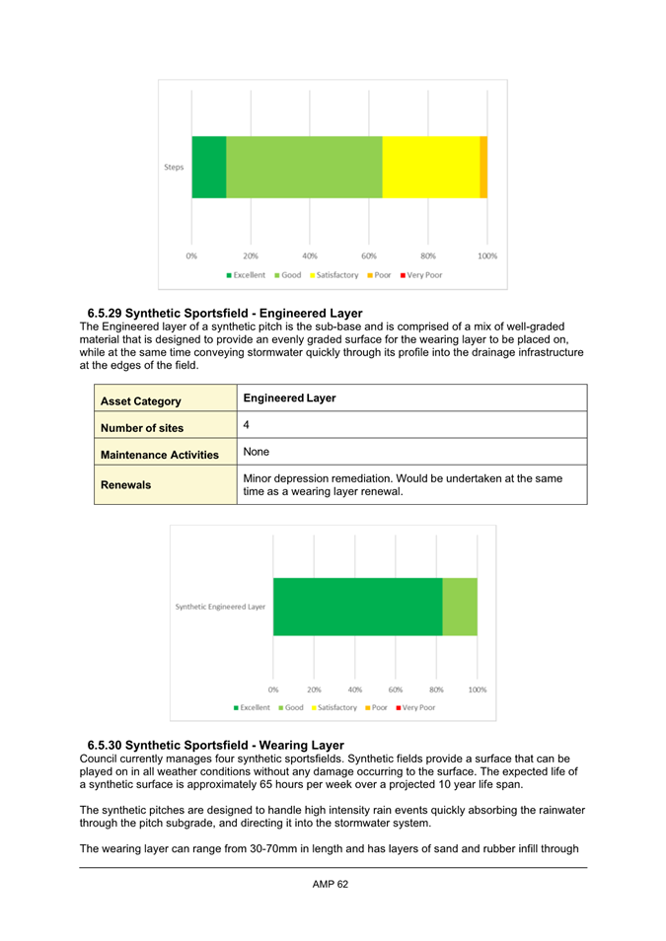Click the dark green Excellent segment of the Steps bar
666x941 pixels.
(x=208, y=167)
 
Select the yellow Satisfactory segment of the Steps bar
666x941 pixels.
(x=430, y=167)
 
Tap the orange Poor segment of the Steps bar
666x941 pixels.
(x=483, y=167)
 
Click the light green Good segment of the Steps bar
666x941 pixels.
(x=304, y=167)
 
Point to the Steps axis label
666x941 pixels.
(x=174, y=167)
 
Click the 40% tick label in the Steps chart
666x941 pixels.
(x=310, y=255)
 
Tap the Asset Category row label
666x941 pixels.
(x=139, y=401)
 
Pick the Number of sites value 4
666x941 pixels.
(x=247, y=426)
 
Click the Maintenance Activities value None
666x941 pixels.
(x=258, y=452)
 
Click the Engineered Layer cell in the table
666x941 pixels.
(x=289, y=398)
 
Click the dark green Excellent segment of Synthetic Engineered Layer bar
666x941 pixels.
(x=357, y=607)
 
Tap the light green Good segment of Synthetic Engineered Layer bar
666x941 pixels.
(x=460, y=607)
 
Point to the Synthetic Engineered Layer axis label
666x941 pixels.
(x=220, y=607)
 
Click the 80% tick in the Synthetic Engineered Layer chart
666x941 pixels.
(x=436, y=690)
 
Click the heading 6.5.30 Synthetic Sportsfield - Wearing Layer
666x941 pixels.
(x=215, y=744)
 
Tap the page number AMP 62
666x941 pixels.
(x=331, y=884)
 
